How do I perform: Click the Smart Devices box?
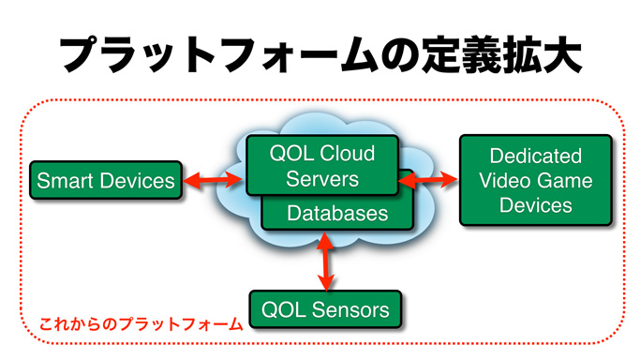[x=106, y=180]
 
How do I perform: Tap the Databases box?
[x=337, y=214]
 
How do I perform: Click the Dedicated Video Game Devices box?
[x=535, y=180]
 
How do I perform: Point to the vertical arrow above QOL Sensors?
[x=326, y=262]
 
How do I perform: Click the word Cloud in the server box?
[x=347, y=154]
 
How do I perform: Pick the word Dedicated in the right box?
[x=535, y=156]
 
